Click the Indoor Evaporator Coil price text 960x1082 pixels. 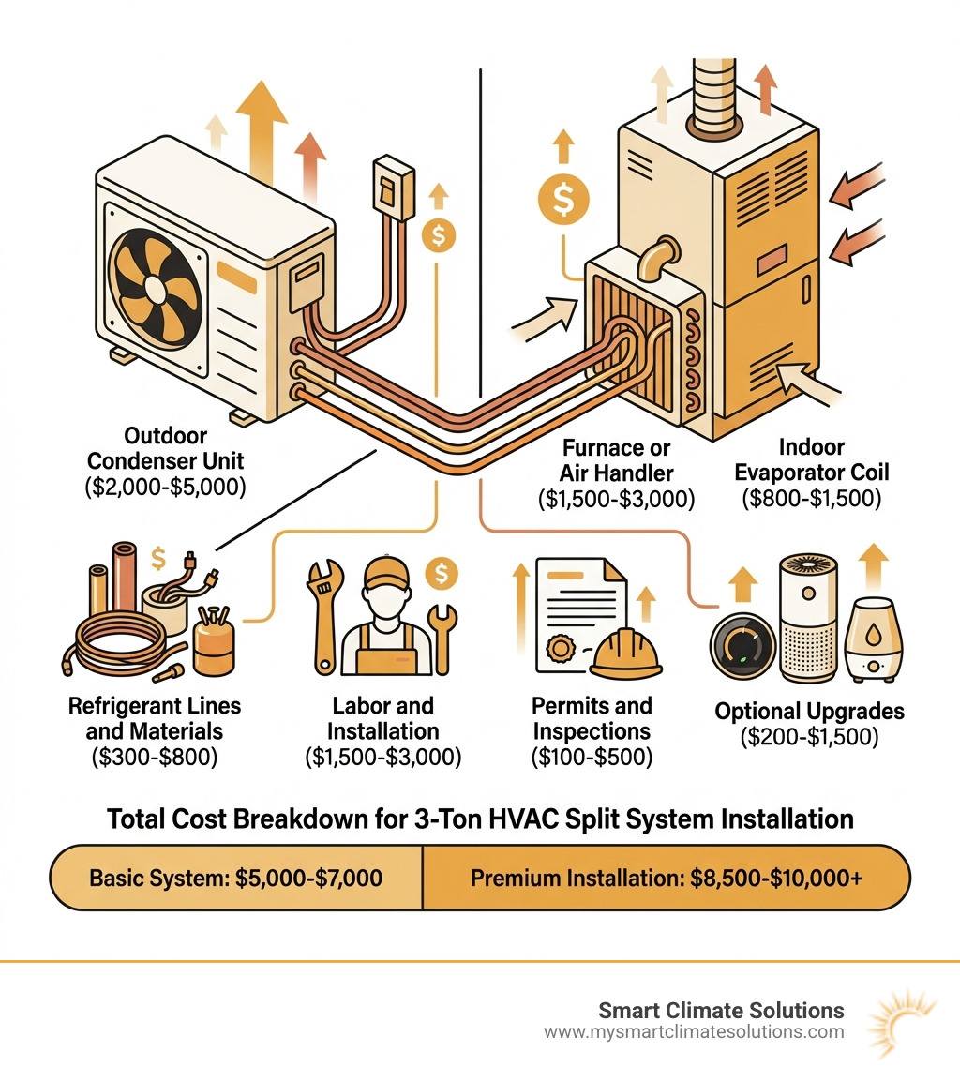[x=811, y=499]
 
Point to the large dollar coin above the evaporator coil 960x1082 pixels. [x=562, y=198]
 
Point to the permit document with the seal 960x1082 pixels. [x=577, y=614]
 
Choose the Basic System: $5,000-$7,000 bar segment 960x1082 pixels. [x=235, y=879]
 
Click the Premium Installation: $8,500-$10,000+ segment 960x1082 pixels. [x=666, y=879]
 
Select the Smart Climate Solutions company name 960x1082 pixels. [x=721, y=1011]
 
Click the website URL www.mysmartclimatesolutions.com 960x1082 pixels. [x=693, y=1032]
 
